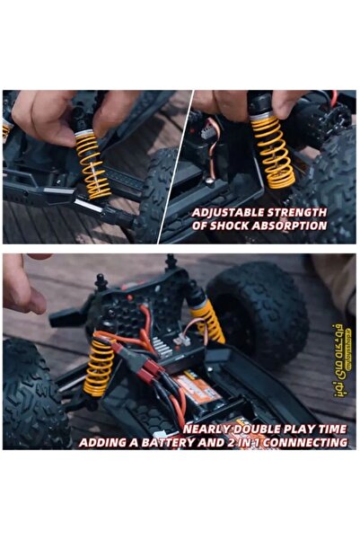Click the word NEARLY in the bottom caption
point(212,429)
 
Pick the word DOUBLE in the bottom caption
point(263,429)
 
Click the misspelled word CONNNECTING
point(303,442)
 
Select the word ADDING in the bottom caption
point(106,442)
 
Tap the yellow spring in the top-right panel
point(272,151)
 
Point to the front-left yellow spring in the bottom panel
point(99,367)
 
